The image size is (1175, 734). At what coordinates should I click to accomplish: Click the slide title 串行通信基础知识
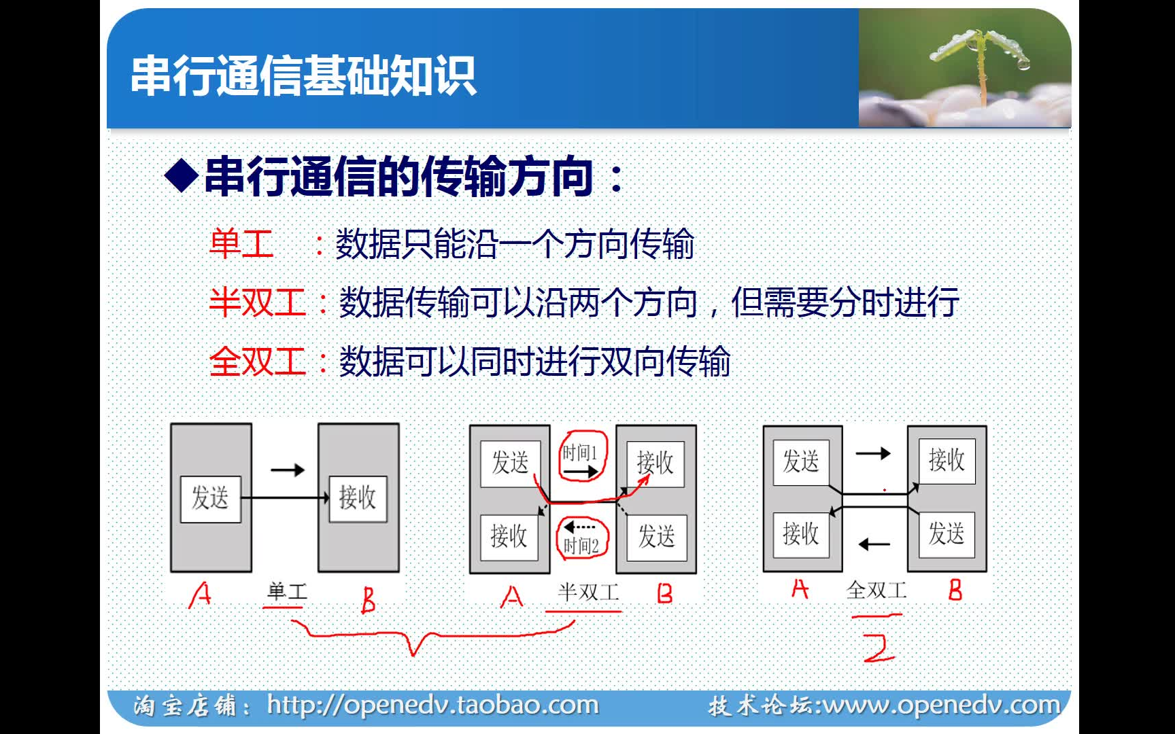(303, 75)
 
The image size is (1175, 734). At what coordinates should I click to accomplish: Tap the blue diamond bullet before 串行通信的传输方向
(182, 176)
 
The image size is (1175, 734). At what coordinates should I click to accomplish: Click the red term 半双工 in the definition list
(258, 302)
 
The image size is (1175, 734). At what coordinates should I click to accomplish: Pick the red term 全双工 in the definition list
(258, 361)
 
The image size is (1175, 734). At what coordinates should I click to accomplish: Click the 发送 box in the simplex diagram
(211, 499)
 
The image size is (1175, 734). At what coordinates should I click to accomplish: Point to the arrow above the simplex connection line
(288, 470)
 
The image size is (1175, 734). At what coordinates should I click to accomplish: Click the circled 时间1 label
(581, 456)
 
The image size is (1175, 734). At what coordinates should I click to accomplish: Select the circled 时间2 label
(581, 538)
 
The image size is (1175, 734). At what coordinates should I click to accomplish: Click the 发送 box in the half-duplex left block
(510, 464)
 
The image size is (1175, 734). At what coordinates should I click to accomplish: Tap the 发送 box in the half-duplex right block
(656, 537)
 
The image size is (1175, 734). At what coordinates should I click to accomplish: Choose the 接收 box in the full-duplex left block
(801, 534)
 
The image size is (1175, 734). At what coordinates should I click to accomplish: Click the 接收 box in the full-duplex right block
(947, 461)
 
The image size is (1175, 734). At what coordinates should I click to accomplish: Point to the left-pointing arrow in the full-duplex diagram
(874, 544)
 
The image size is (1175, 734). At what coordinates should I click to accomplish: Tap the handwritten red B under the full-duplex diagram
(955, 589)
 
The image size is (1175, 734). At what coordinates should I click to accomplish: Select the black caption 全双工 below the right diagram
(877, 590)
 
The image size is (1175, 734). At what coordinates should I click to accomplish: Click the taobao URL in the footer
(432, 705)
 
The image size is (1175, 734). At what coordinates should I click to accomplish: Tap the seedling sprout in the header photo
(980, 61)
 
